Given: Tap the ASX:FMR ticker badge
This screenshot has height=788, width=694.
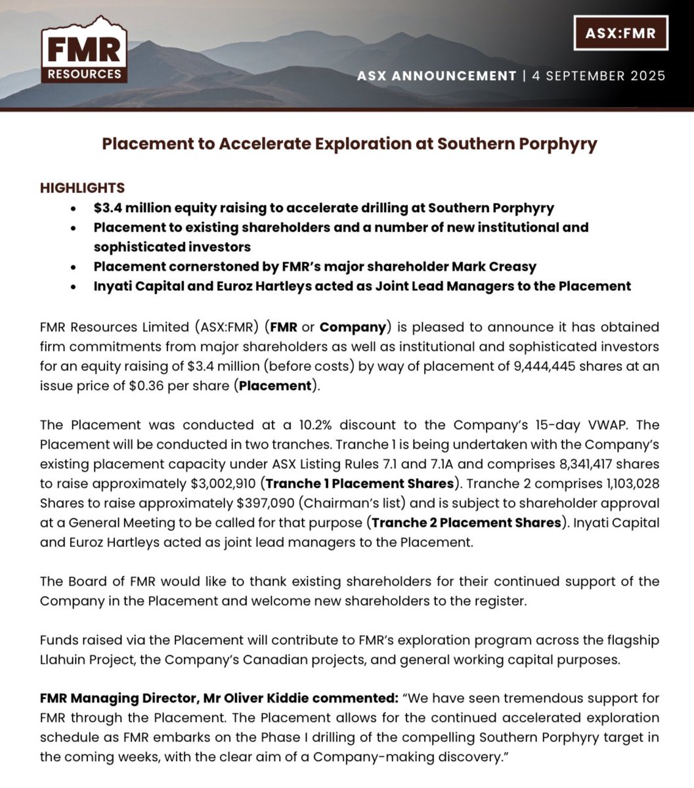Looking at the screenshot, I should tap(620, 33).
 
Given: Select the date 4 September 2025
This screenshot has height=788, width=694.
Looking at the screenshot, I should tap(599, 76).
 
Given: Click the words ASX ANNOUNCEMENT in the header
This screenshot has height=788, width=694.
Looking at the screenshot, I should tap(437, 76).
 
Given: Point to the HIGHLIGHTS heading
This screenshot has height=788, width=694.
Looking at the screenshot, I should tap(83, 188).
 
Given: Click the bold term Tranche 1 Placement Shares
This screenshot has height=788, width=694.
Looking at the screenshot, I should tap(360, 483).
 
